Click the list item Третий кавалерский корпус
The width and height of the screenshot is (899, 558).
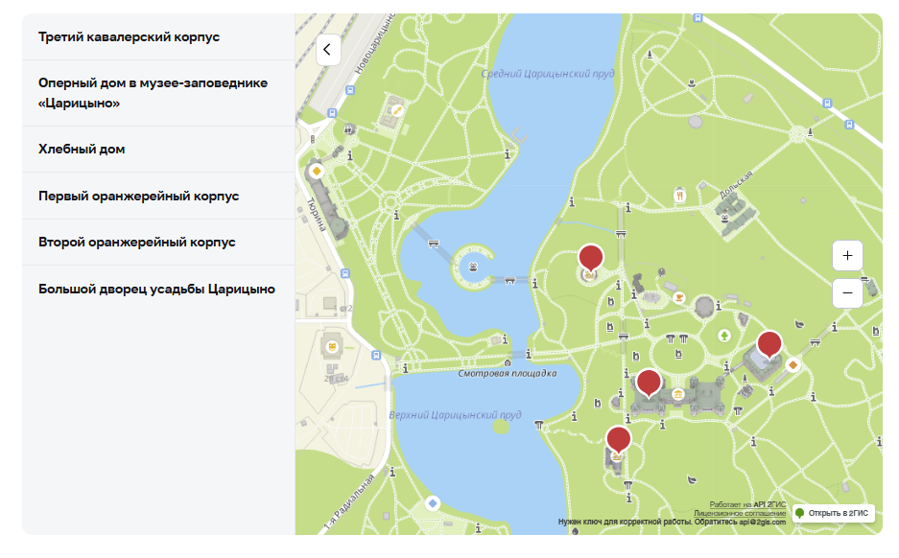(129, 36)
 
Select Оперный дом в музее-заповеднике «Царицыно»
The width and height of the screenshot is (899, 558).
(153, 93)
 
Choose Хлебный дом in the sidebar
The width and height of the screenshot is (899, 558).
(82, 150)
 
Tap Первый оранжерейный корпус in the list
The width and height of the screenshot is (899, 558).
(138, 197)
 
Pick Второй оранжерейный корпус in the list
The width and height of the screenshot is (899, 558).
(136, 243)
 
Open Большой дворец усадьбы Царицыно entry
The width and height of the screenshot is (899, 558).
(156, 289)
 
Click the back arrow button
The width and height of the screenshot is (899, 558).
(328, 50)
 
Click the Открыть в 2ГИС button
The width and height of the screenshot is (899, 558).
(832, 513)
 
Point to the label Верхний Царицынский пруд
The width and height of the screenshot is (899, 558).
(455, 415)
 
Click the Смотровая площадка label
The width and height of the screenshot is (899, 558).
(508, 374)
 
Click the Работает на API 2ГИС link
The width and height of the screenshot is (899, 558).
(747, 504)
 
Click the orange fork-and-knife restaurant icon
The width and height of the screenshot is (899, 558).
(680, 195)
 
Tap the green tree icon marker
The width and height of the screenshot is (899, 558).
(725, 335)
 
